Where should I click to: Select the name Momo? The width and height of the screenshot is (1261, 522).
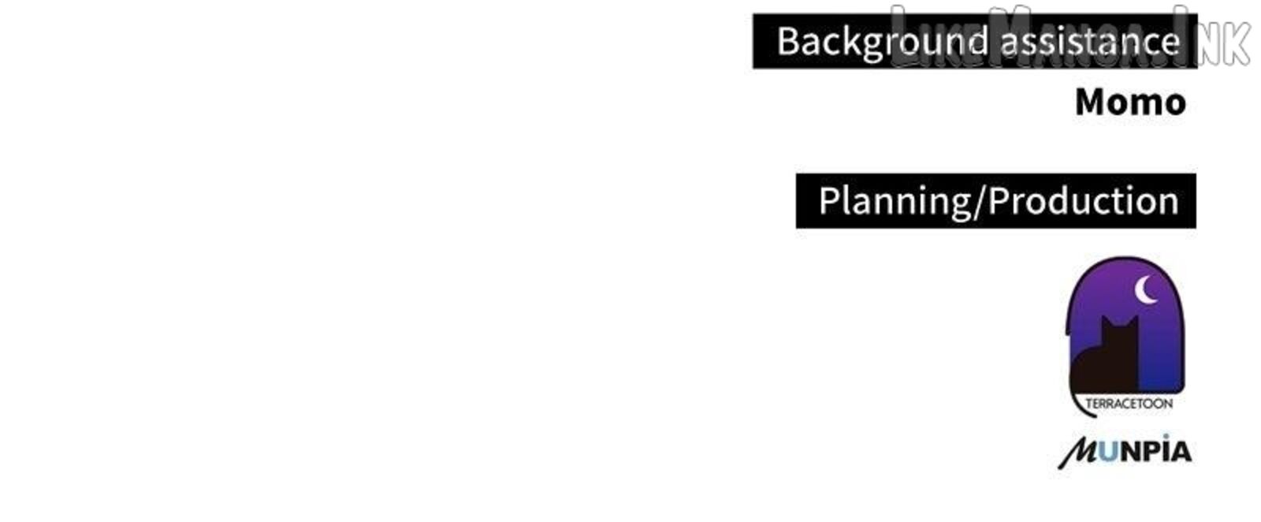(x=1130, y=103)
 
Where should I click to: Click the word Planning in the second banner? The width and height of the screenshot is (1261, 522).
(x=895, y=202)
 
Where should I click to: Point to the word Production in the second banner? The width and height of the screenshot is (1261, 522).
(x=1084, y=200)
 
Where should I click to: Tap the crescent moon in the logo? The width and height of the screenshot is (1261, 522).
(x=1144, y=289)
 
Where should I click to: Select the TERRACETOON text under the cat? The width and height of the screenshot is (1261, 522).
(x=1129, y=404)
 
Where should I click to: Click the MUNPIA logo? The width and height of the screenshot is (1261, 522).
(x=1125, y=452)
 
